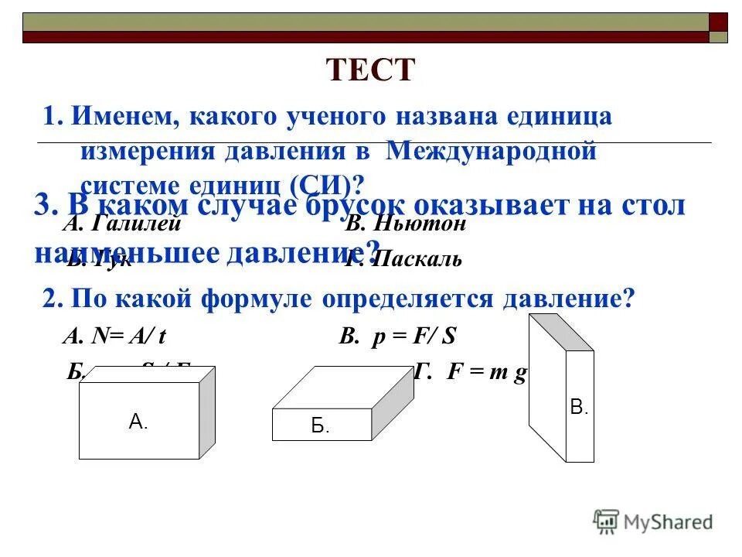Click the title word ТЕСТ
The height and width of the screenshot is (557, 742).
[371, 71]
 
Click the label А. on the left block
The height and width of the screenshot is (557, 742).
[138, 422]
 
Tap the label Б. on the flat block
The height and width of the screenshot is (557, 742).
[320, 425]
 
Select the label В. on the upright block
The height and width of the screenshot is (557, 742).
[579, 407]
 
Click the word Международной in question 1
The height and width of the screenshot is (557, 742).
[492, 151]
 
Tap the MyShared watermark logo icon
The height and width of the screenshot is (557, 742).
[606, 520]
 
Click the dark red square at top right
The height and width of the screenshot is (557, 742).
[718, 22]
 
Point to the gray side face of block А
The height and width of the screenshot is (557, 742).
[206, 413]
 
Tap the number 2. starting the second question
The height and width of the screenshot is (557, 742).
[53, 299]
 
